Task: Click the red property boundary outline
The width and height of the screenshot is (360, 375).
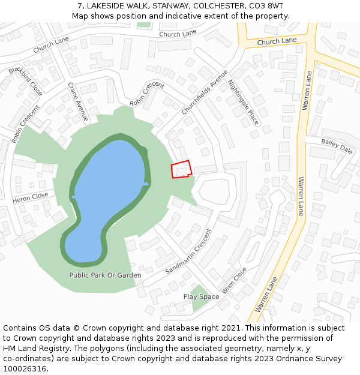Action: pos(181,169)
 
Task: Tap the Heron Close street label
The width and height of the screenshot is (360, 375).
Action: pos(30,197)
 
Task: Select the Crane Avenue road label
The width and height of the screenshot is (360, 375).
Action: pos(78,102)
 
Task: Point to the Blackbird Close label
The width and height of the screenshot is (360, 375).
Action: pos(26,81)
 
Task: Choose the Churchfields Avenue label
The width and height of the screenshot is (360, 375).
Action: pos(205,92)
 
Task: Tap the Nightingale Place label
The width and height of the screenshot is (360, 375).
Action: pos(244,102)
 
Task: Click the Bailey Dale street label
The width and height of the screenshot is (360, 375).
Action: pos(337,146)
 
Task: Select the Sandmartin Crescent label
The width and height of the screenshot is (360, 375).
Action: pos(188,251)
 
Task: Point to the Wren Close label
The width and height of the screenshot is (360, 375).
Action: pos(234,281)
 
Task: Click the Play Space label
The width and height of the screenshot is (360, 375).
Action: pos(201,297)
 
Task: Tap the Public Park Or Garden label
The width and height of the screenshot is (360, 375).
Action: pos(105,275)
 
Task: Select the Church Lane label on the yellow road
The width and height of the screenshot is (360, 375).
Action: pos(277,41)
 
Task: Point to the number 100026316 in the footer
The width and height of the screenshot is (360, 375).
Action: pos(24,369)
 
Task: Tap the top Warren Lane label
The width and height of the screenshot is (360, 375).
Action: pos(307,92)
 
